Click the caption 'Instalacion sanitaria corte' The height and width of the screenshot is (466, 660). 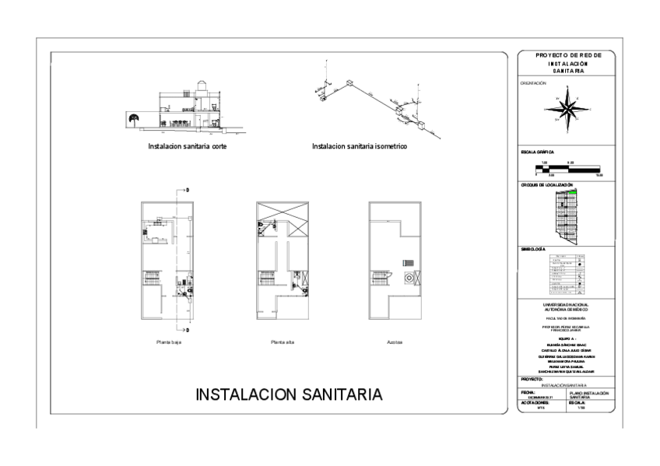[x=188, y=145]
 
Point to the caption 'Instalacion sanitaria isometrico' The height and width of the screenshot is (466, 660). [x=360, y=145]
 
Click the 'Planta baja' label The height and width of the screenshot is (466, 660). [x=169, y=342]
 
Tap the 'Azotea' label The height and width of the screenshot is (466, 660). [x=394, y=342]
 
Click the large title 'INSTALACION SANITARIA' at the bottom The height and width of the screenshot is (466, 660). [x=290, y=394]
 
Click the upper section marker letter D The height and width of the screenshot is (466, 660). [x=188, y=190]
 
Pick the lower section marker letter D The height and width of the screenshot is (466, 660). [x=188, y=330]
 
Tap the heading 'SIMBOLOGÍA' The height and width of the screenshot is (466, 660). [x=535, y=249]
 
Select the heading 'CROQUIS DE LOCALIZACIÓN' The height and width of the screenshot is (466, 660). [x=546, y=185]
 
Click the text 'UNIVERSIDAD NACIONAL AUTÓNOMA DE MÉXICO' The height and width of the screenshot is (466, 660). [x=566, y=307]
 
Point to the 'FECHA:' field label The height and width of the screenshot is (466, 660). [x=528, y=391]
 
